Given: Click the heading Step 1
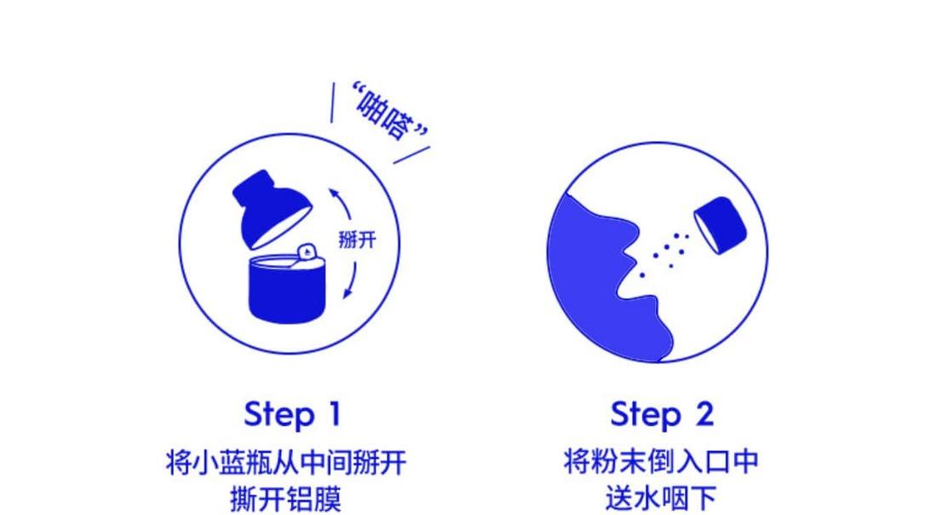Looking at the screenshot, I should click(292, 414).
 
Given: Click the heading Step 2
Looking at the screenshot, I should click(661, 414).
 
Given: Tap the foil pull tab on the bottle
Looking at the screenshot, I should click(306, 251).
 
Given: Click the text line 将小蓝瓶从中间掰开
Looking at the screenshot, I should click(285, 464).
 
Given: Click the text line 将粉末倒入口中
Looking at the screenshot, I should click(661, 462).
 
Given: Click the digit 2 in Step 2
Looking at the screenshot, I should click(703, 414).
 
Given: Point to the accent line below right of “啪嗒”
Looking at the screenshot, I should click(411, 157).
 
